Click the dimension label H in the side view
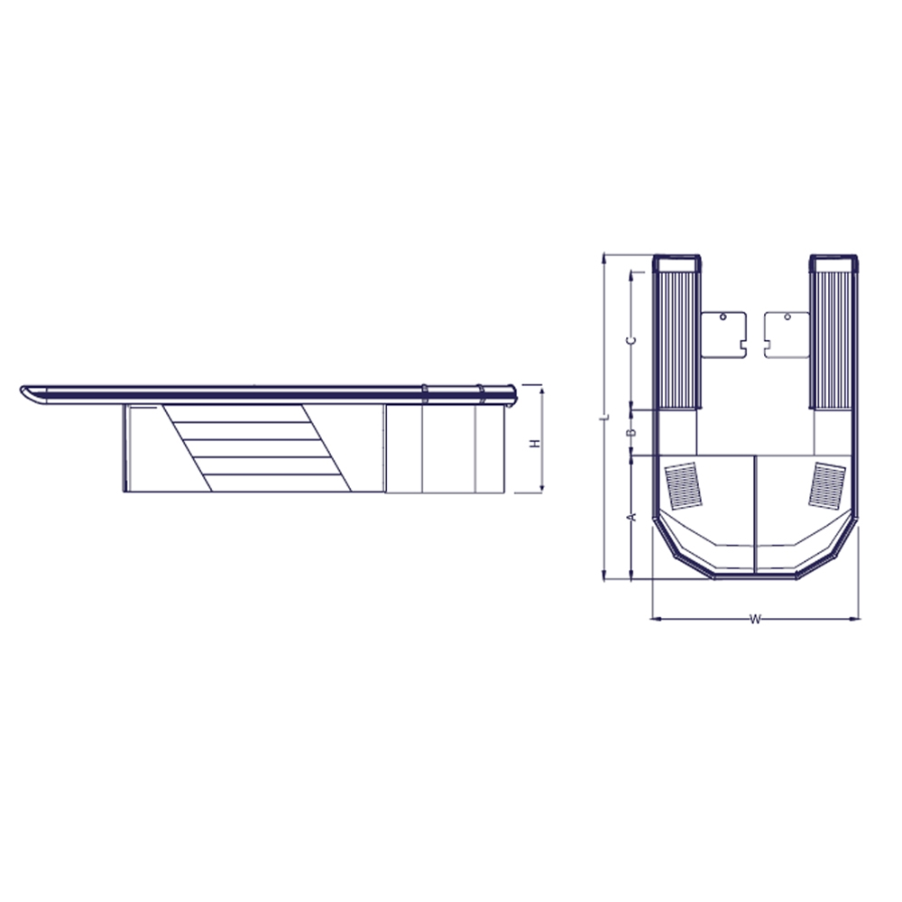pyautogui.click(x=534, y=444)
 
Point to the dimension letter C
pyautogui.click(x=632, y=339)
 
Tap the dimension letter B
pyautogui.click(x=632, y=434)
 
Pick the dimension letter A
pyautogui.click(x=632, y=516)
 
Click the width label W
pyautogui.click(x=756, y=619)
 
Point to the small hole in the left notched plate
pyautogui.click(x=723, y=318)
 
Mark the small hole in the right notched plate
pyautogui.click(x=787, y=318)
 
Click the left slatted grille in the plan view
pyautogui.click(x=686, y=486)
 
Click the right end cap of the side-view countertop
pyautogui.click(x=511, y=394)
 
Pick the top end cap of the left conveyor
pyautogui.click(x=676, y=263)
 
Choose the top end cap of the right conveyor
pyautogui.click(x=834, y=263)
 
